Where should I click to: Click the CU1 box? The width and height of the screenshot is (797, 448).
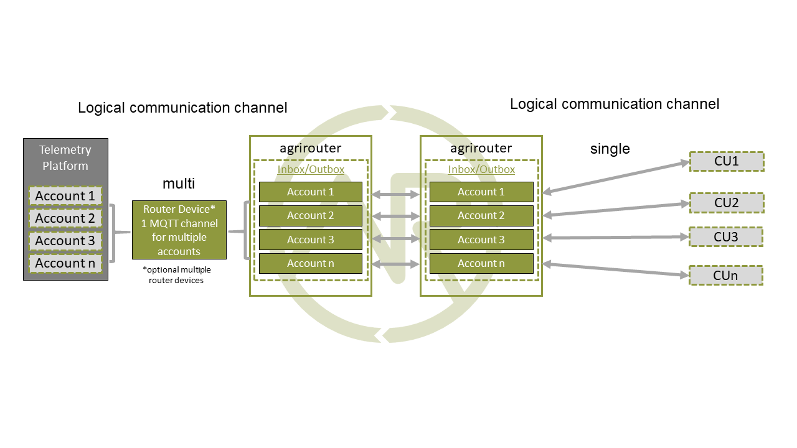click(726, 162)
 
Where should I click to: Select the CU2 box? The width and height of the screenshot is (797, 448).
click(726, 203)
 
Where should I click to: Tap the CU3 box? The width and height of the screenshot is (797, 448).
click(726, 237)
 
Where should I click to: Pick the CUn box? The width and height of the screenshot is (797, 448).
click(726, 275)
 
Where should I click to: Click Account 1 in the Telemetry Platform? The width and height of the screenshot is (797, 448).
click(65, 196)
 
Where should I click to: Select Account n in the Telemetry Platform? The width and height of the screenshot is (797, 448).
click(65, 263)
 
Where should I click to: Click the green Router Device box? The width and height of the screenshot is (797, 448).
click(179, 230)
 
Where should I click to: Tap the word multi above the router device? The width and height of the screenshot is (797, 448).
click(179, 184)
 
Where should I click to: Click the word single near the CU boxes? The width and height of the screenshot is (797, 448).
click(610, 149)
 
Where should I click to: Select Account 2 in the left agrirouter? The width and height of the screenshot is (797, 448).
click(310, 216)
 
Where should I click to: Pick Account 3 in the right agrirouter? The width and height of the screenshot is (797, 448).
click(481, 240)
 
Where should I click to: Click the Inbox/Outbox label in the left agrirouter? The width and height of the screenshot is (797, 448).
click(311, 169)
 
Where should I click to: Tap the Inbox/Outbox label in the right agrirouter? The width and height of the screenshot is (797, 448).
click(481, 169)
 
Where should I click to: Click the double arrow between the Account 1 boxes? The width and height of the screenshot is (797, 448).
click(395, 195)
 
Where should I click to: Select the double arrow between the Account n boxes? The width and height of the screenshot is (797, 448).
click(395, 265)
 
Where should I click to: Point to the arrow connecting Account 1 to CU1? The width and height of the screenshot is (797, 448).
click(616, 177)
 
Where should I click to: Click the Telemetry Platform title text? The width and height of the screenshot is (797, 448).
click(65, 158)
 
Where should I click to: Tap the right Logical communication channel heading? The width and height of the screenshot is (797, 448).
click(615, 104)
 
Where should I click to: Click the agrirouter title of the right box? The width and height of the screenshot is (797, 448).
click(481, 148)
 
